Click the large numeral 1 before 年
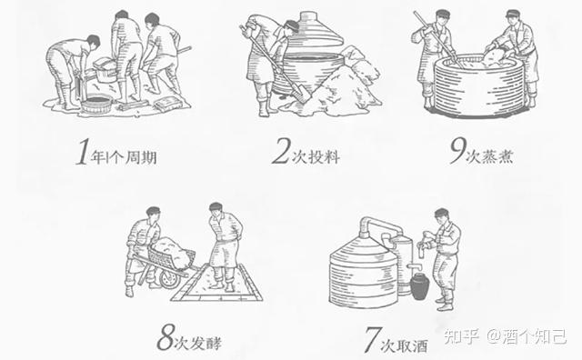(83, 152)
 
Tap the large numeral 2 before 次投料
(281, 151)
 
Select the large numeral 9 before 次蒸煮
(458, 151)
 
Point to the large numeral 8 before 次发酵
(166, 337)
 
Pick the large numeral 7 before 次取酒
(372, 339)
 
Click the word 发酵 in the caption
(206, 343)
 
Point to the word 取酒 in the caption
(412, 345)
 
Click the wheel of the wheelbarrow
(169, 279)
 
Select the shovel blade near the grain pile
(302, 93)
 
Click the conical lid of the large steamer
(315, 33)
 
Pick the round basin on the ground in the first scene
(96, 105)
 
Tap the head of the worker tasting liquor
(442, 215)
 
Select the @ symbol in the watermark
(493, 336)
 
